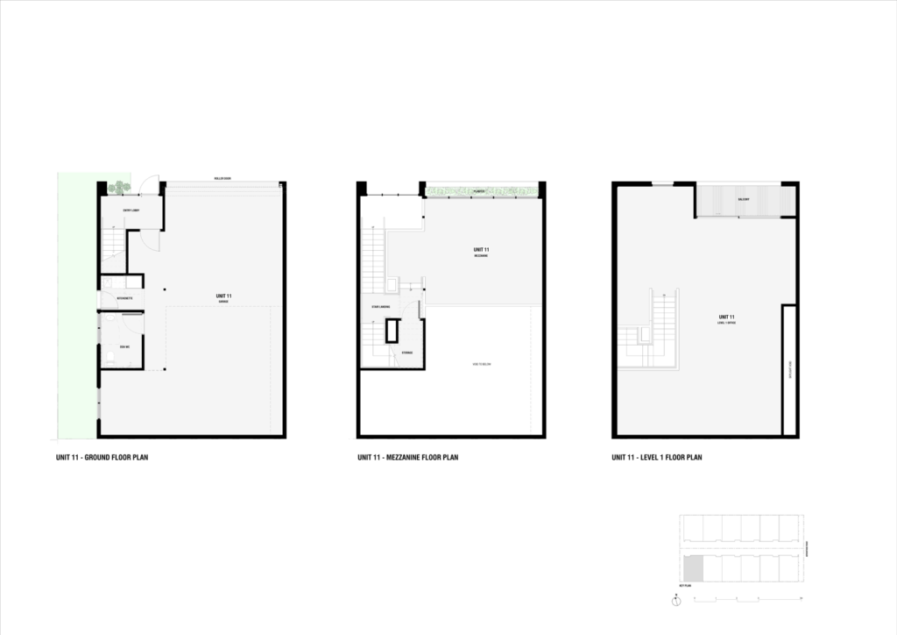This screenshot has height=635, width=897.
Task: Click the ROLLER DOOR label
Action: (222, 179)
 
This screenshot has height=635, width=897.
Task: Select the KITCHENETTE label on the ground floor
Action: (124, 298)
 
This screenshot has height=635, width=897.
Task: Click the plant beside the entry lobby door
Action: (117, 187)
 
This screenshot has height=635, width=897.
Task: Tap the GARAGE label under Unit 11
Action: (223, 302)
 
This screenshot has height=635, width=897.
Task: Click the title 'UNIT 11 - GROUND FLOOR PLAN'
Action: (102, 457)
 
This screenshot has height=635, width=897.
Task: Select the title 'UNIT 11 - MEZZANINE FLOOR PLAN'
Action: (408, 457)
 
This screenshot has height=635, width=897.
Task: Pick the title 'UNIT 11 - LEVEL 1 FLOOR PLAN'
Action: (657, 457)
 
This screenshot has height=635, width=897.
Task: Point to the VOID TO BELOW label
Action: (481, 364)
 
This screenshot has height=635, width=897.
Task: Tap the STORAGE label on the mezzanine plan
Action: (406, 353)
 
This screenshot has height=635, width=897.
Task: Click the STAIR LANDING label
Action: (380, 307)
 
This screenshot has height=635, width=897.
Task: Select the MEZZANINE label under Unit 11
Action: (481, 255)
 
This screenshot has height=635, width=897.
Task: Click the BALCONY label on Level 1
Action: (744, 200)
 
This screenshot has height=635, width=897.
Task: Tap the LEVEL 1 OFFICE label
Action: (726, 323)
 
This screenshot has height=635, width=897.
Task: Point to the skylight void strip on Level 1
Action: (788, 368)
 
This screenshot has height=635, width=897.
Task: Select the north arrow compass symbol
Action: (677, 601)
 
